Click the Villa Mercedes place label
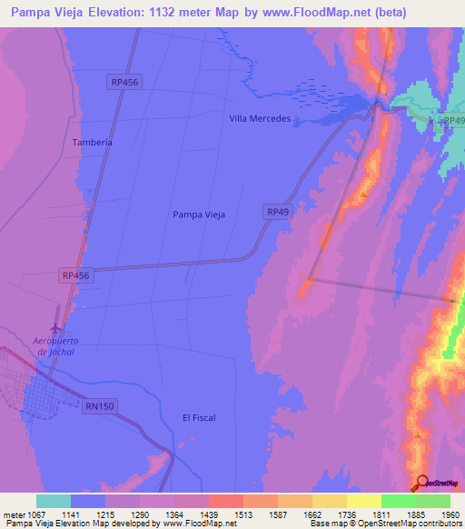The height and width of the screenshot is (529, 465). pyautogui.click(x=260, y=119)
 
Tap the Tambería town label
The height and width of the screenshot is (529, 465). pyautogui.click(x=92, y=143)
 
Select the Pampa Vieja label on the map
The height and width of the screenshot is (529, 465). pyautogui.click(x=198, y=215)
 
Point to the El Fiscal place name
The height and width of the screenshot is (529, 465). pyautogui.click(x=198, y=417)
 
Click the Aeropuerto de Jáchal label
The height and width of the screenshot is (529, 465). pyautogui.click(x=56, y=346)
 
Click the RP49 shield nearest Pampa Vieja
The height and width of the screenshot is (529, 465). pyautogui.click(x=278, y=211)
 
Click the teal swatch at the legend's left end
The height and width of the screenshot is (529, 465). pyautogui.click(x=54, y=501)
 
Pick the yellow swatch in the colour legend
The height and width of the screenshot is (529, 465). pyautogui.click(x=364, y=501)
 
